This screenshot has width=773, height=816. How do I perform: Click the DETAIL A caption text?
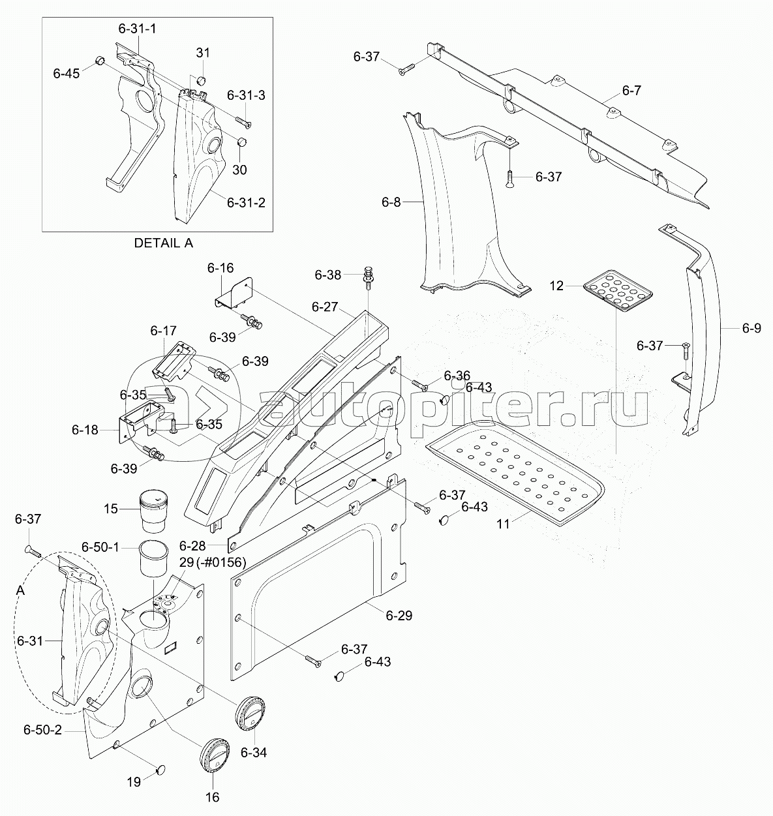163,243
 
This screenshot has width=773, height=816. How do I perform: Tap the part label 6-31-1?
137,29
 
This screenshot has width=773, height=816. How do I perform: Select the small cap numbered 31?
202,80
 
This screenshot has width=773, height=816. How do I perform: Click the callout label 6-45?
66,74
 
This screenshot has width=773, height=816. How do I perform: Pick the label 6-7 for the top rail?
631,90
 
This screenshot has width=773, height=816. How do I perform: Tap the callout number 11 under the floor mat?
503,524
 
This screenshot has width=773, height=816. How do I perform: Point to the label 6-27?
325,307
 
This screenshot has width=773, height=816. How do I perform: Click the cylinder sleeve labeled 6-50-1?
155,558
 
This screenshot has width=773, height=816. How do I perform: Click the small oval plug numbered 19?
160,768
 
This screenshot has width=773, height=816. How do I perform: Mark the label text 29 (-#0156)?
213,562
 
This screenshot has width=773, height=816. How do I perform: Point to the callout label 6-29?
399,615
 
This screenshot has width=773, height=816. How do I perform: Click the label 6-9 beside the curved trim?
752,328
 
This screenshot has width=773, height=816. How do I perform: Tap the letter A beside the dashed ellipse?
20,590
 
